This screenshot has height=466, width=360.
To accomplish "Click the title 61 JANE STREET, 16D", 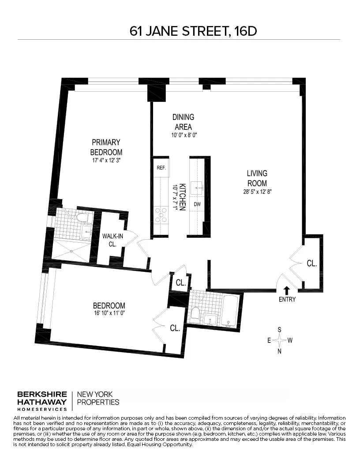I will (x=193, y=31).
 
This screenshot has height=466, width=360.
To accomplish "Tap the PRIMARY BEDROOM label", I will (x=106, y=147).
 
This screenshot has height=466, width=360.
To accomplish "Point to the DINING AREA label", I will (x=183, y=122).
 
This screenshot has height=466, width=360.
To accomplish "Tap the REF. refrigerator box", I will (x=161, y=168).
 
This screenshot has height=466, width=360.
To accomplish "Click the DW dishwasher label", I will (x=197, y=204).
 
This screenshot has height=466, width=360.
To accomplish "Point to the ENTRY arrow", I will (x=287, y=290).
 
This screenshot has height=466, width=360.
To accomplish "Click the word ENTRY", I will (x=287, y=300).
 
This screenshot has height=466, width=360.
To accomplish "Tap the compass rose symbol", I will (x=279, y=340).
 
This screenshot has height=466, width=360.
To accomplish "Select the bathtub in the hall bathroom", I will (x=230, y=311).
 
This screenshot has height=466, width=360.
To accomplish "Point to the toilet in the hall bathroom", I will (x=195, y=313).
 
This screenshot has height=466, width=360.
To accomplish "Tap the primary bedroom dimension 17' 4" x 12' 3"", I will (x=106, y=161).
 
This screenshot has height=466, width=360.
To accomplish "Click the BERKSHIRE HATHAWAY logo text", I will (x=42, y=398).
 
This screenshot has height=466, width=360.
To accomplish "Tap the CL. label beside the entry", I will (x=312, y=263).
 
